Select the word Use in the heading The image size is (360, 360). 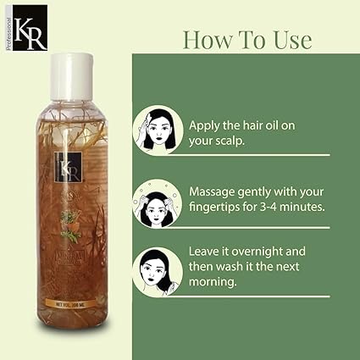pyautogui.click(x=288, y=40)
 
